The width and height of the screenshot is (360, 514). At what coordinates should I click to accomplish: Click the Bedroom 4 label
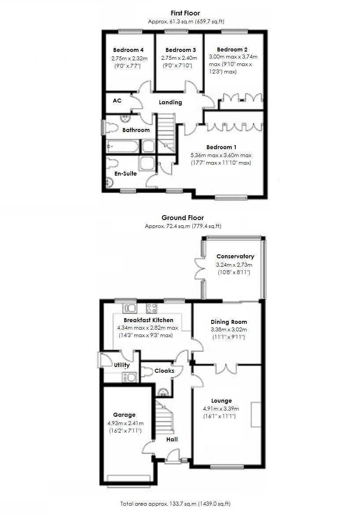(x=128, y=50)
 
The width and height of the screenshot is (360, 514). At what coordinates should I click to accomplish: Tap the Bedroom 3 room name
(x=180, y=50)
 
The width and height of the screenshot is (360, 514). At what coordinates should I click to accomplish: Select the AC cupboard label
(x=117, y=101)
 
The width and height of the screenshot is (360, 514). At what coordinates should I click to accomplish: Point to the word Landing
(x=170, y=102)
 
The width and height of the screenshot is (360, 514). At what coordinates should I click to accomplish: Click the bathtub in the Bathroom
(x=122, y=146)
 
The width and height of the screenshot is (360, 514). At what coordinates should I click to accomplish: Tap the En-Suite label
(x=125, y=173)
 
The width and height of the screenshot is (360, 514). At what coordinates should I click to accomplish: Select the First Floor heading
(x=185, y=14)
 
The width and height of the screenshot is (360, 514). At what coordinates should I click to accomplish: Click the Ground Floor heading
(x=183, y=218)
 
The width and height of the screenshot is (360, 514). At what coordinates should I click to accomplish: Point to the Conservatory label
(x=235, y=257)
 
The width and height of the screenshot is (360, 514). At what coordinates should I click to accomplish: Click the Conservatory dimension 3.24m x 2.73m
(x=234, y=265)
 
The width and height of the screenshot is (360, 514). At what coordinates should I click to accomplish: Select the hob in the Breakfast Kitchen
(x=151, y=308)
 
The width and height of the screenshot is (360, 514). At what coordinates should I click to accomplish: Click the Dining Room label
(x=229, y=322)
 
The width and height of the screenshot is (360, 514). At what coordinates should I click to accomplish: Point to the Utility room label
(x=122, y=365)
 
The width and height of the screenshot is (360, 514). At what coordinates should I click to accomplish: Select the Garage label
(x=124, y=415)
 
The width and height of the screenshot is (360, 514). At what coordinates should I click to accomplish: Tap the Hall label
(x=172, y=440)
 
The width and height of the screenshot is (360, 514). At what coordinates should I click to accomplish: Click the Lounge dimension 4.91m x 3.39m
(x=221, y=409)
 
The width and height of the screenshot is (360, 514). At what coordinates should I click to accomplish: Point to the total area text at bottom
(x=176, y=504)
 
